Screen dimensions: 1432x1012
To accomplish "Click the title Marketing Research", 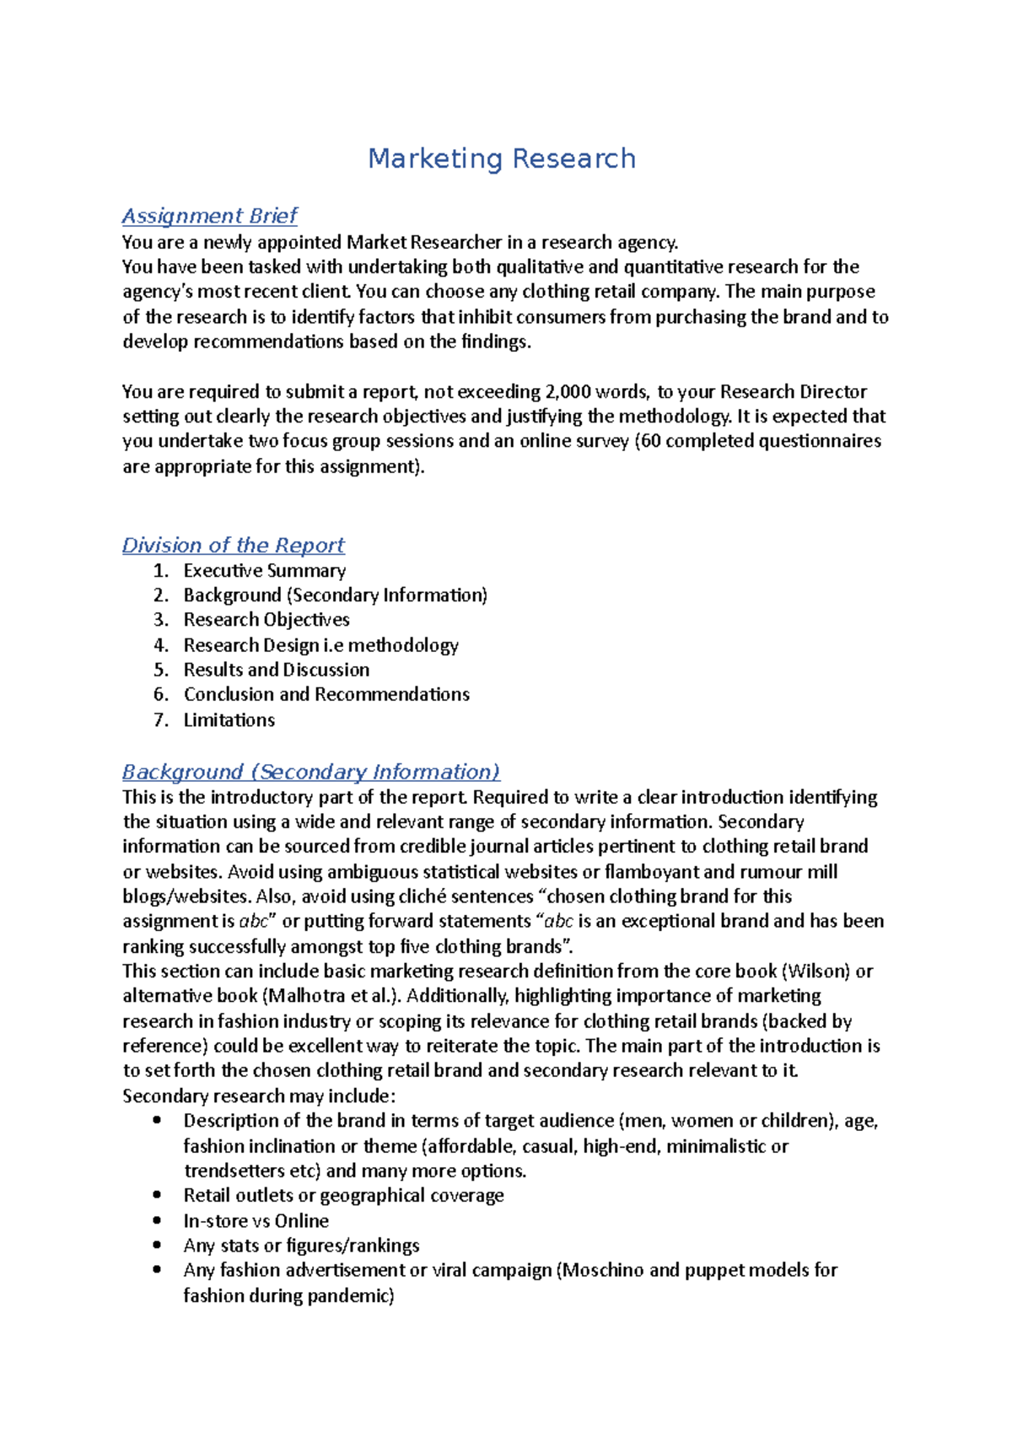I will tap(502, 159).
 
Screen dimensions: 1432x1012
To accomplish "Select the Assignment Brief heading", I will tap(210, 216).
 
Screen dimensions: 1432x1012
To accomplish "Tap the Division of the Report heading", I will tap(234, 545).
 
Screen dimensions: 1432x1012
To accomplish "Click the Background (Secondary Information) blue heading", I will tap(311, 772).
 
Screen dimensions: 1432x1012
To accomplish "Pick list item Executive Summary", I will tap(265, 571).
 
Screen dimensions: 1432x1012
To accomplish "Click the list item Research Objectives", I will tap(266, 620).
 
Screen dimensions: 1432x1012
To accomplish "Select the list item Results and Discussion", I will tap(277, 670).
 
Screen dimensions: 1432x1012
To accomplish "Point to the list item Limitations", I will tap(229, 720).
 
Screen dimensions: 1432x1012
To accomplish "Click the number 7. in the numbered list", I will tap(161, 720).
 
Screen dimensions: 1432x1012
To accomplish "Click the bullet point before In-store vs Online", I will tap(157, 1220).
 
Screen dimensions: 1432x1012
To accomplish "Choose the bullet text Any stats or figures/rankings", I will tap(301, 1246).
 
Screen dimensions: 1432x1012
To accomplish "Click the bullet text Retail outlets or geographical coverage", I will tap(343, 1196).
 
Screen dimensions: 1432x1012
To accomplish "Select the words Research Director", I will tap(793, 392).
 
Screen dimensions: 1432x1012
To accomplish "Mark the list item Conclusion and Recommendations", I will tap(326, 695).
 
